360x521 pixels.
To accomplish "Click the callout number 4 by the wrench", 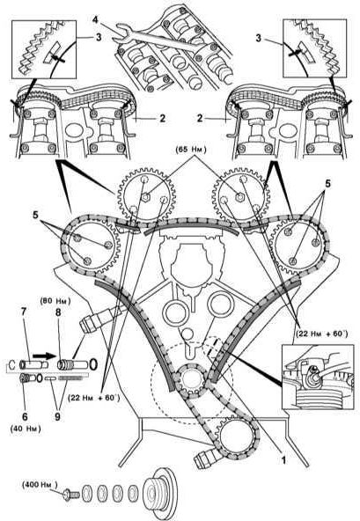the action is point(96,20).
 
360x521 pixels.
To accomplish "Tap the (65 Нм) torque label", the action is point(191,150).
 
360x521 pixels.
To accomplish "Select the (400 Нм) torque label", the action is point(40,485).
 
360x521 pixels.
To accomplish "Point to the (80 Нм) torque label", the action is point(55,301).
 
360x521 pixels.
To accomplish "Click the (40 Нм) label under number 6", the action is point(26,429).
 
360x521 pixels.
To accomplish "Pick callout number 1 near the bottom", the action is point(283,461).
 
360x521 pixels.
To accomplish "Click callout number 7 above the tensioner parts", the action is point(24,312).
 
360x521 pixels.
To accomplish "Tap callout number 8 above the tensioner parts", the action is point(58,312).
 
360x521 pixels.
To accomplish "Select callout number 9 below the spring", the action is point(57,416).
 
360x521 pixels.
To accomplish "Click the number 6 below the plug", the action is point(25,416).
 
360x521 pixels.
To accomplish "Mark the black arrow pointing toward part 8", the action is point(43,356).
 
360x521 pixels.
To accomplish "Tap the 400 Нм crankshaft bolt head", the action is point(70,495).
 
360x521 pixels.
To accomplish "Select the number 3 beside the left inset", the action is point(99,37).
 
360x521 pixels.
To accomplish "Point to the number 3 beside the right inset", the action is point(259,38).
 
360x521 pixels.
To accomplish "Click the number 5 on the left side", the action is point(35,215).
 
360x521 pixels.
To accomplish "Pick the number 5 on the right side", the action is point(328,184).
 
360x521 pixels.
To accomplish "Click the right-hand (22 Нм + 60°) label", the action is point(321,334).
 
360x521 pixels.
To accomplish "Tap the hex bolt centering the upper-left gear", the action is point(145,197).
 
